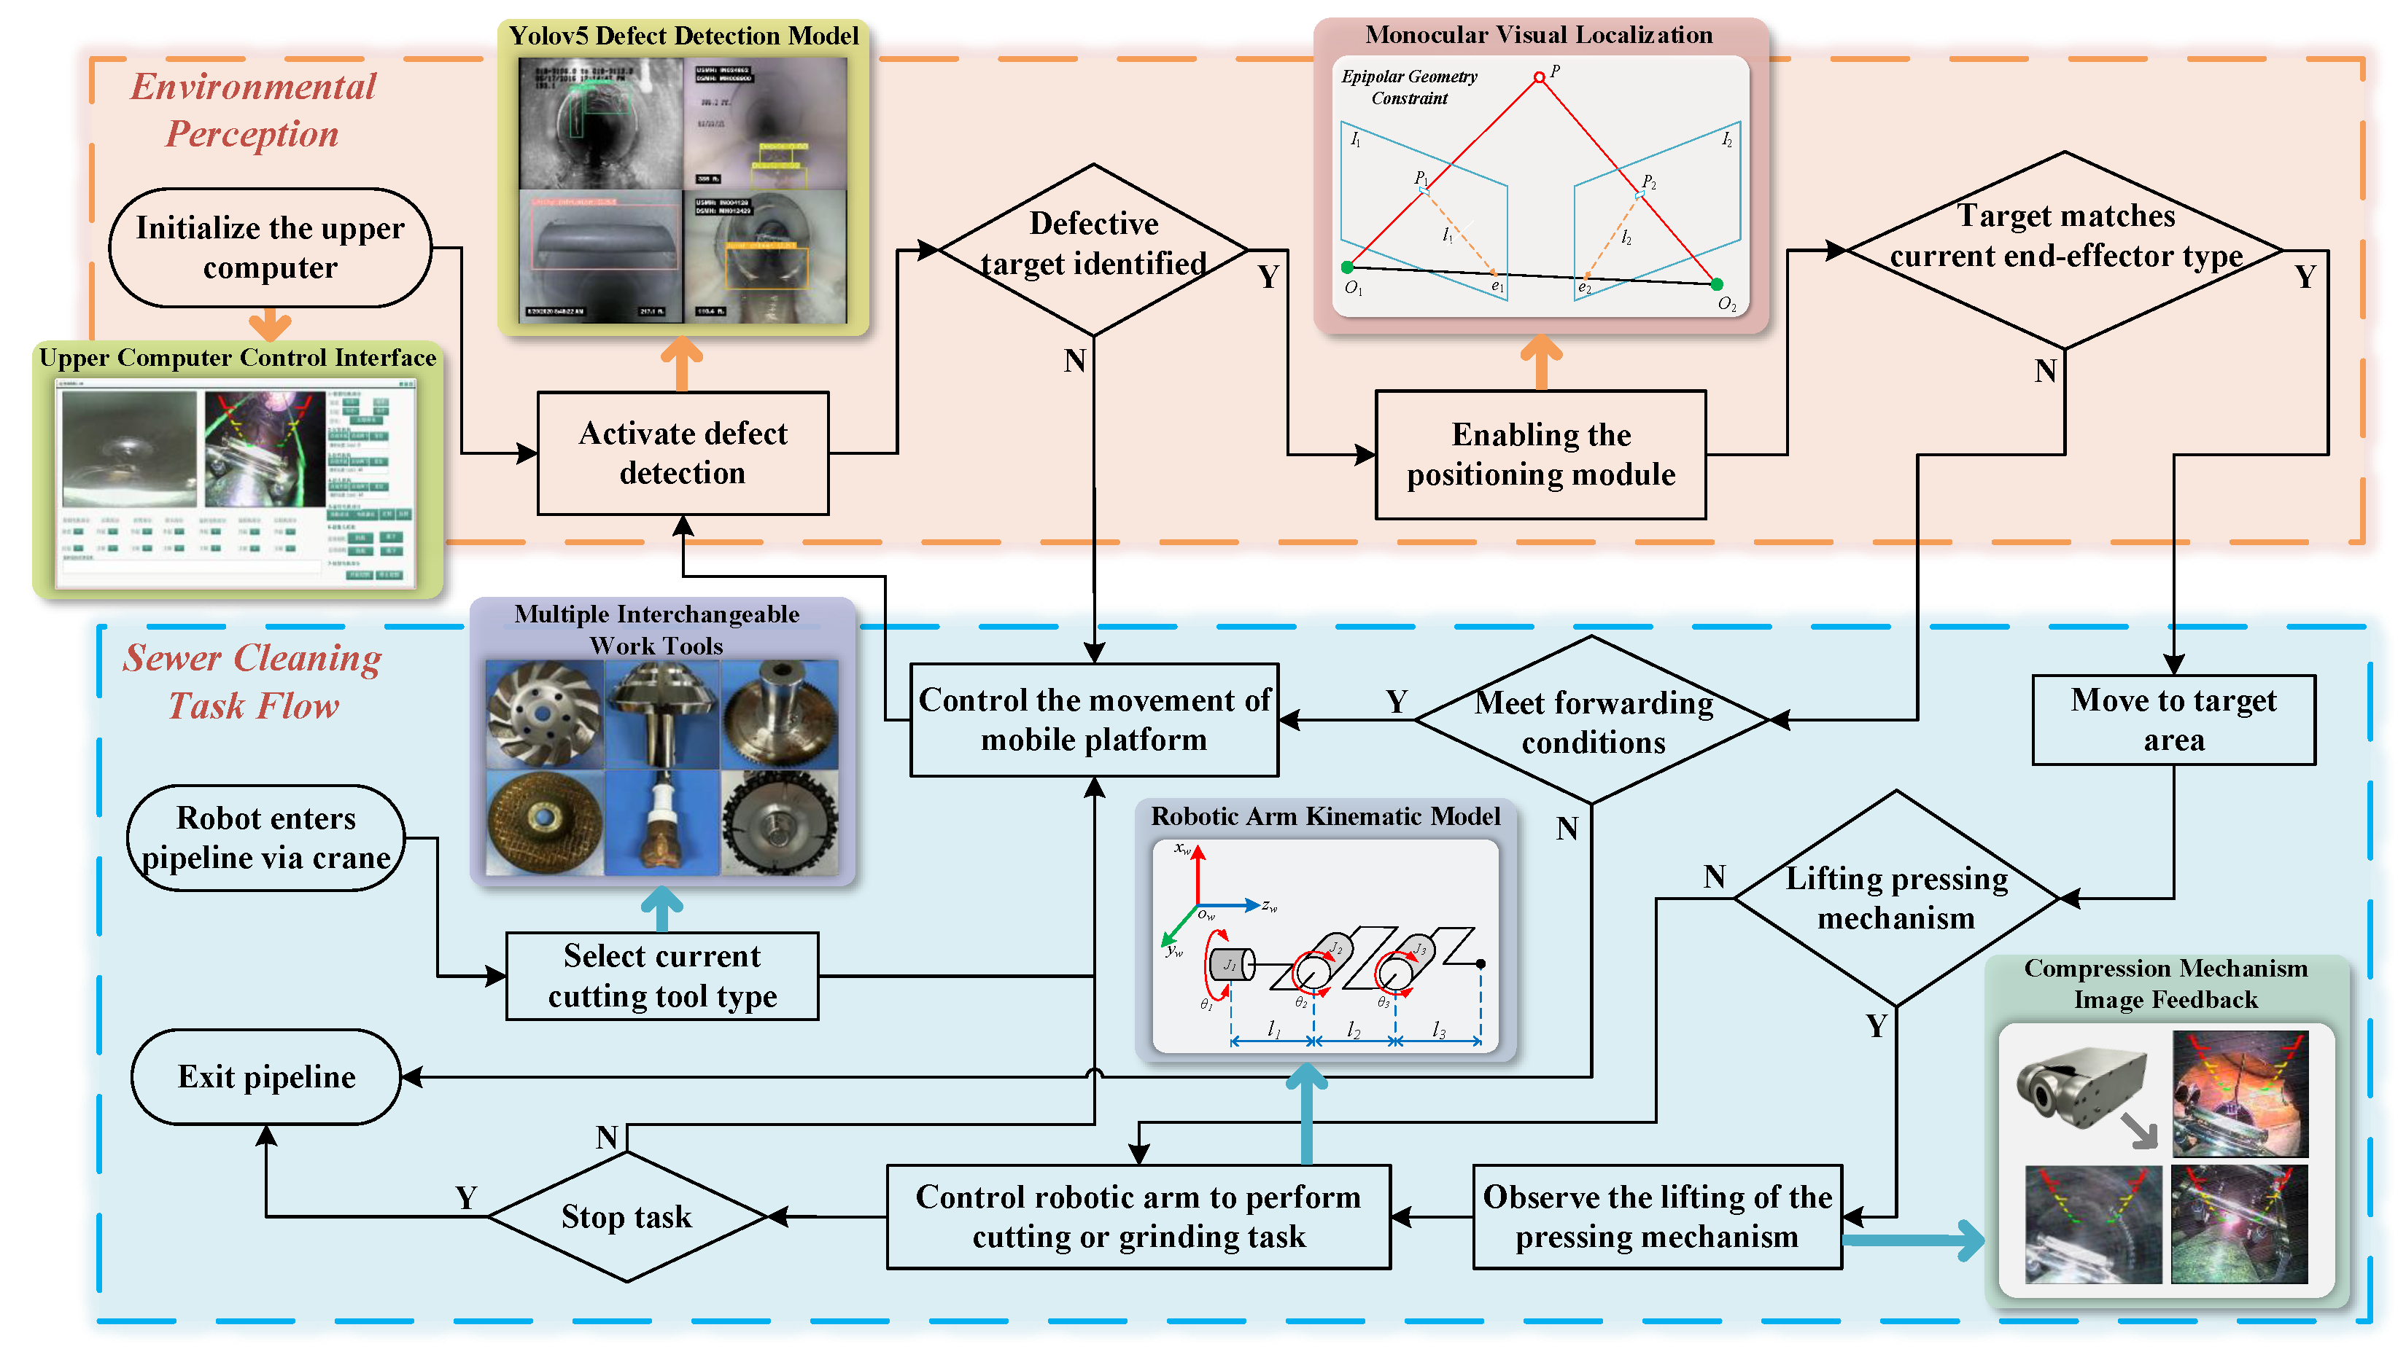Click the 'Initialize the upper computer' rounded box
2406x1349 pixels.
click(270, 247)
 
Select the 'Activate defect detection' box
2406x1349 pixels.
click(683, 453)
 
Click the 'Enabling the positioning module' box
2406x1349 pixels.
click(1540, 455)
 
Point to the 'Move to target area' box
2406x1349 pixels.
click(2173, 720)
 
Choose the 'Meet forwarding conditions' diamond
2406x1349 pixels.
click(1593, 721)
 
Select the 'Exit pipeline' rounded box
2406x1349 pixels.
click(266, 1076)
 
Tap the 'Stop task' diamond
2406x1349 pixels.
click(626, 1216)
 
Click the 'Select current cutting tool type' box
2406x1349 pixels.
click(662, 976)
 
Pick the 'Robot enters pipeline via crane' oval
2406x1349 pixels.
click(266, 837)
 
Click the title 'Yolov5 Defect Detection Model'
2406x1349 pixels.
click(683, 36)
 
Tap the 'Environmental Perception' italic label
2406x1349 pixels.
click(252, 109)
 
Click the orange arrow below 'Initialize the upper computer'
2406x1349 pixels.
click(270, 325)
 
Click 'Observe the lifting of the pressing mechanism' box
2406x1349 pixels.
click(1656, 1216)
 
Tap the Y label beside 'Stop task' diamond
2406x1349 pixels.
click(466, 1197)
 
